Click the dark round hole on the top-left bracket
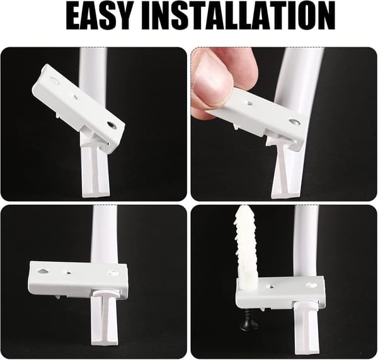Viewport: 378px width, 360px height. point(112,125)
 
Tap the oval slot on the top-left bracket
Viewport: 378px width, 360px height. point(54,80)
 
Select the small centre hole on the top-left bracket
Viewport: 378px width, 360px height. point(76,98)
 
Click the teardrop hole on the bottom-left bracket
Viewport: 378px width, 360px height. point(43,271)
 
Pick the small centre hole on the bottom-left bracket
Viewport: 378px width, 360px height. point(69,273)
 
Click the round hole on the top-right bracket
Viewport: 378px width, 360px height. point(294,122)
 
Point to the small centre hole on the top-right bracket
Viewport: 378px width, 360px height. point(249,104)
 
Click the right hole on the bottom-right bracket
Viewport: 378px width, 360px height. point(312,285)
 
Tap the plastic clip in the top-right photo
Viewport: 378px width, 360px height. point(285,169)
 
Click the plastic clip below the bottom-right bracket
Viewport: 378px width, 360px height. point(307,326)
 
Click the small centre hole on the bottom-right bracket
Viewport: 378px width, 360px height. point(272,286)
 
